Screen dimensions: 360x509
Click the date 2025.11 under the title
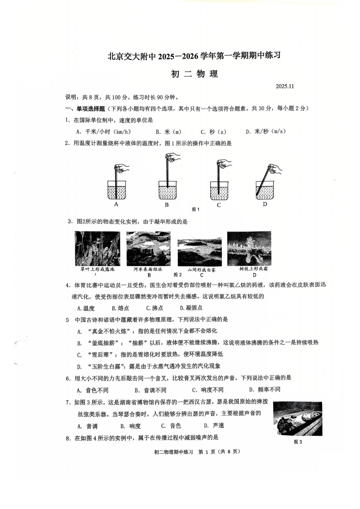(285, 86)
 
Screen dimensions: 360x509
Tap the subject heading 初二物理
(194, 74)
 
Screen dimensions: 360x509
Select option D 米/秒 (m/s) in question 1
(266, 131)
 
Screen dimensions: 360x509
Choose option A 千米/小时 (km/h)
(103, 132)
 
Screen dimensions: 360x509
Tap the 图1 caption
(196, 209)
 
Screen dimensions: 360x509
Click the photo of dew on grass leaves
(97, 248)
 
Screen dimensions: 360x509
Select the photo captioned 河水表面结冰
(148, 249)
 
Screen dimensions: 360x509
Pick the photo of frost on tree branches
(249, 248)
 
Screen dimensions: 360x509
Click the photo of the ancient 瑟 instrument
(297, 418)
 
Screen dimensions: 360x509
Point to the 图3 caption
(298, 442)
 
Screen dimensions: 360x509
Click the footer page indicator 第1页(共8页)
(219, 452)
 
